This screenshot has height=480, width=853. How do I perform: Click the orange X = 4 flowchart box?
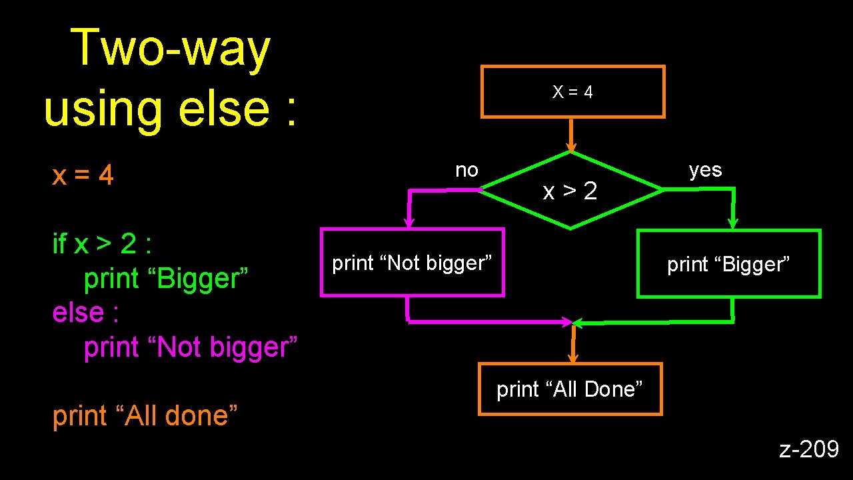click(x=572, y=92)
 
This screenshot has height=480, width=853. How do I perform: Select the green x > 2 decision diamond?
click(x=570, y=191)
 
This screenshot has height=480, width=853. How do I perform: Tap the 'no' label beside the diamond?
click(x=466, y=171)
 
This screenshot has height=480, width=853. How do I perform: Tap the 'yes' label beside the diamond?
click(x=705, y=171)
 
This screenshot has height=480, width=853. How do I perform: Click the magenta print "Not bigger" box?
click(x=412, y=263)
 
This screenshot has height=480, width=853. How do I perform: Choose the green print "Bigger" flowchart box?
click(x=728, y=264)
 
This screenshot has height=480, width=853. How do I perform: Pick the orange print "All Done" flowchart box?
click(x=570, y=389)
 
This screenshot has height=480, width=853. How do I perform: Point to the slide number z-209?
click(x=809, y=450)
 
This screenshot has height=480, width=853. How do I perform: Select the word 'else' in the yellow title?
click(x=221, y=108)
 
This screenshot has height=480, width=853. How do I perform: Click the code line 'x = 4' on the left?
click(x=83, y=176)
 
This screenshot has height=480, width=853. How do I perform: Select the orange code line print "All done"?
click(x=145, y=416)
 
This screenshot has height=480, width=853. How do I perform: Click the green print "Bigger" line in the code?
click(x=166, y=279)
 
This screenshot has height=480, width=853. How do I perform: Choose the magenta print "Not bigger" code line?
click(x=191, y=347)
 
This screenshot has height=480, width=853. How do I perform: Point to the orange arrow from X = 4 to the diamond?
click(x=570, y=136)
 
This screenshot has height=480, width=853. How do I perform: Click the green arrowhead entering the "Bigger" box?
click(x=733, y=222)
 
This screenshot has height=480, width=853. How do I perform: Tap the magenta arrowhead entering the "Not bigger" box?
click(x=410, y=221)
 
